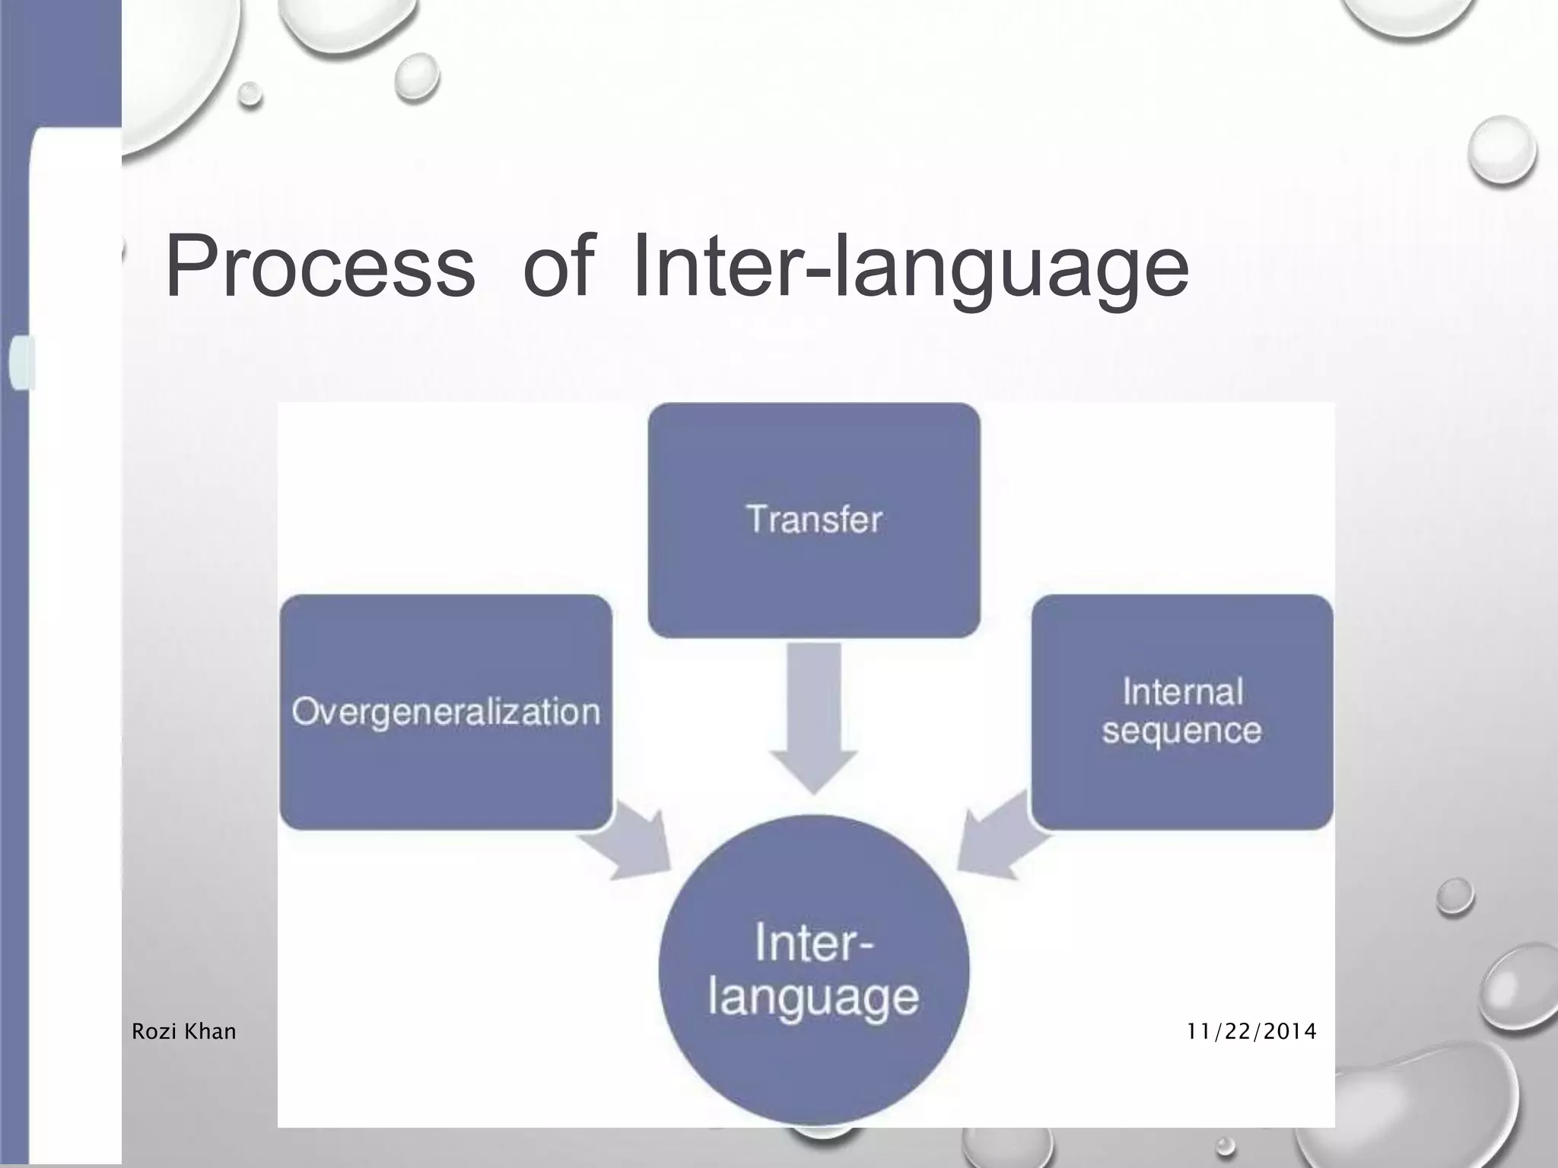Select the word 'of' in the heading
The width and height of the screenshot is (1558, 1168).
557,266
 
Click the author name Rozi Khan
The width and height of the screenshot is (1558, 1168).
183,1032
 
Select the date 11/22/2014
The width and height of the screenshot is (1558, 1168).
1251,1032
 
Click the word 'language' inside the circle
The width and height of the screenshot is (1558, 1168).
813,998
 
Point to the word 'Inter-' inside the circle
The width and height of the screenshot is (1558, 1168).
813,943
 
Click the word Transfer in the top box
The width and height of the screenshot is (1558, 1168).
813,520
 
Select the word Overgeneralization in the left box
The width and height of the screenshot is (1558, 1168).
446,713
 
